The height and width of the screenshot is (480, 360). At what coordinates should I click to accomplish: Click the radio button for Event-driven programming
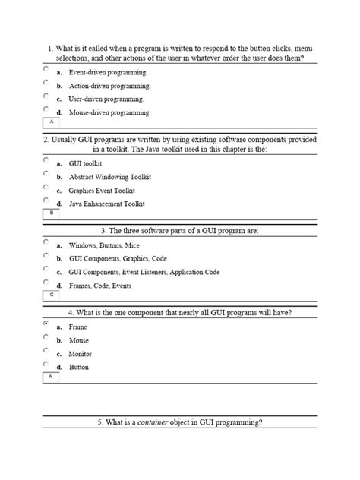(x=46, y=68)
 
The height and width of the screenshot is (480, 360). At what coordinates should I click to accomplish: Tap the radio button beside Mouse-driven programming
(x=46, y=109)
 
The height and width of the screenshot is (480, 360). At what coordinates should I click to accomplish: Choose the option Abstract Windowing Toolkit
(x=110, y=177)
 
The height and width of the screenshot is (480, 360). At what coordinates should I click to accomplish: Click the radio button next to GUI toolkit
(x=46, y=159)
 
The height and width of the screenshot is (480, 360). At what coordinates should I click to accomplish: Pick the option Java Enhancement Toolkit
(x=106, y=204)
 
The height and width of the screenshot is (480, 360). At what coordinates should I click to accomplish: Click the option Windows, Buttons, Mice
(x=104, y=246)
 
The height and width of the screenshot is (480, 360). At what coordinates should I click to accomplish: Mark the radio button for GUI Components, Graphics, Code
(x=46, y=256)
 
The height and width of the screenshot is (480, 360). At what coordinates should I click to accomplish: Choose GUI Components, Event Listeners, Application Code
(x=144, y=271)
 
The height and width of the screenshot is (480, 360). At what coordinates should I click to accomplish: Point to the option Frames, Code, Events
(x=99, y=286)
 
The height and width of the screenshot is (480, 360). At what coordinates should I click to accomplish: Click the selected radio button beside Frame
(x=46, y=324)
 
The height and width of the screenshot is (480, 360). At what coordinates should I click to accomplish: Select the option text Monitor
(x=80, y=354)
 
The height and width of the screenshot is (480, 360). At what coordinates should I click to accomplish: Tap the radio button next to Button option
(x=46, y=365)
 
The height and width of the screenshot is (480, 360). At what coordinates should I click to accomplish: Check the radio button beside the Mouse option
(x=46, y=338)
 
